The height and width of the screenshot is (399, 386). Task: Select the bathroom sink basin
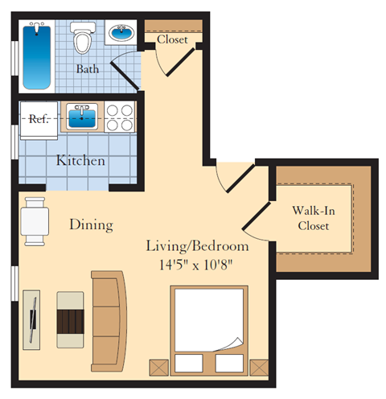point(121,35)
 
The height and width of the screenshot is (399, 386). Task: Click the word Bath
point(88,69)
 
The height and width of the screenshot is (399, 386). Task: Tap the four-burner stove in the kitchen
point(121,118)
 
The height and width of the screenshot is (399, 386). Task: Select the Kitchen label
point(80,160)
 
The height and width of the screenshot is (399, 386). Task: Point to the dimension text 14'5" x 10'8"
point(197,261)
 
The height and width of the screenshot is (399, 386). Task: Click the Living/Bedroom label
point(197,245)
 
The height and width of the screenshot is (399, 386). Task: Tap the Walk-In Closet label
point(314,218)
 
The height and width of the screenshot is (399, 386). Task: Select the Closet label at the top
point(172,39)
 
